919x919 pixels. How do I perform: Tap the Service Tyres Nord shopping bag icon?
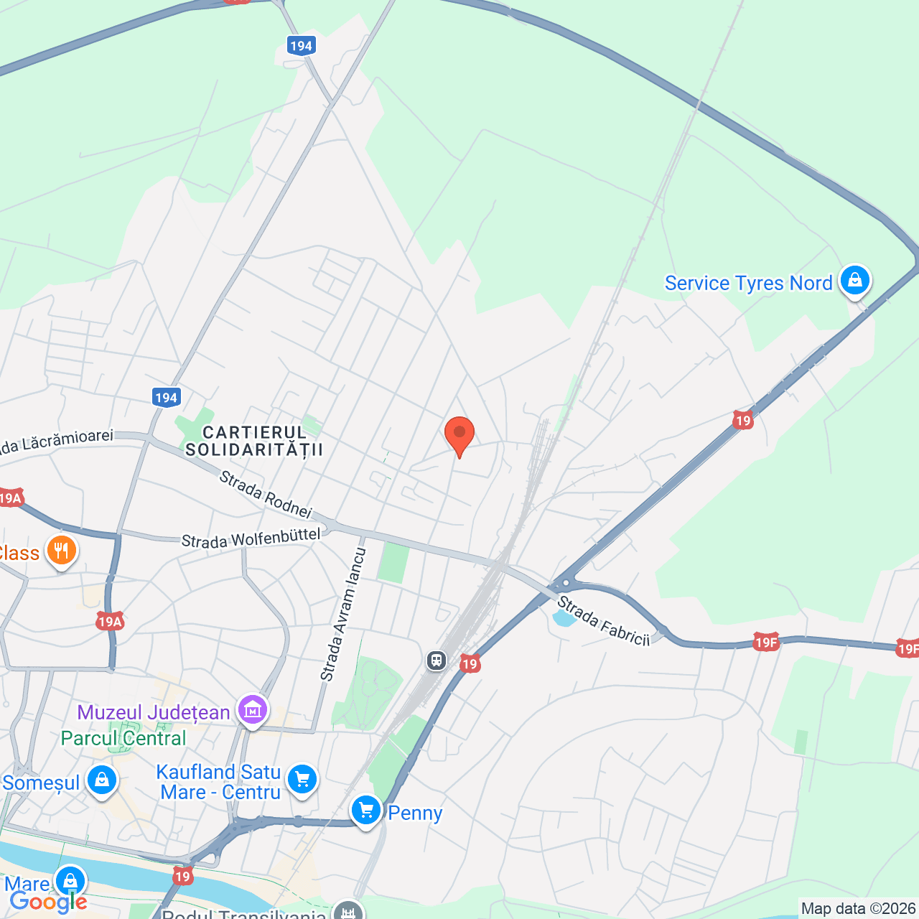tap(854, 281)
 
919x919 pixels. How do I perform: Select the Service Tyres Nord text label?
tap(748, 284)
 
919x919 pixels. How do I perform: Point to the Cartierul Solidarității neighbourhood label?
tap(254, 441)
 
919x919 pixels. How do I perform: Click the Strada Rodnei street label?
tap(266, 494)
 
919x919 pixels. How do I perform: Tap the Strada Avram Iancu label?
tap(343, 615)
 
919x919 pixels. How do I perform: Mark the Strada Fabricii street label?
tap(603, 621)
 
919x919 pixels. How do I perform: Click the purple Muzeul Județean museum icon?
tap(253, 711)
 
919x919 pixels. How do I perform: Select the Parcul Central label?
tap(123, 738)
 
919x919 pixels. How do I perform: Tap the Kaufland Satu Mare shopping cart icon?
tap(302, 779)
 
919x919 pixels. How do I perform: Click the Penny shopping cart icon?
tap(366, 811)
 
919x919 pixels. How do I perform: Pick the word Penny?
tap(415, 813)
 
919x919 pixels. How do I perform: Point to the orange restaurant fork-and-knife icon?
tap(62, 551)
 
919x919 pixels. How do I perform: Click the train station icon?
tap(436, 660)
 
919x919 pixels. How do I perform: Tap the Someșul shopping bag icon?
tap(101, 780)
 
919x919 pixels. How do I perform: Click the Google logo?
tap(48, 902)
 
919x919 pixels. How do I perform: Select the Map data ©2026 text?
tap(858, 909)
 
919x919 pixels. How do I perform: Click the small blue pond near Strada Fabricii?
tap(564, 618)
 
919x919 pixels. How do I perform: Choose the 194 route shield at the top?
tap(301, 46)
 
